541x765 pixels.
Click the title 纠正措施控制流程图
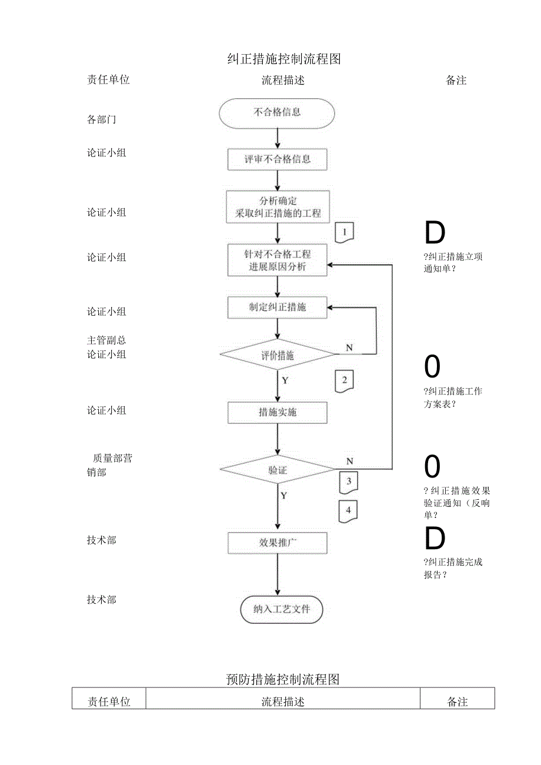283,59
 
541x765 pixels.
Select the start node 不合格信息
277,113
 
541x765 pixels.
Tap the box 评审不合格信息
277,159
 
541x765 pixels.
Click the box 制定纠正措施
277,308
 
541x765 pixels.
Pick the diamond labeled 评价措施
277,355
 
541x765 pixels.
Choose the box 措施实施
277,413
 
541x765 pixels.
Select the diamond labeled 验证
277,470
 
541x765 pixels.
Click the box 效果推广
277,543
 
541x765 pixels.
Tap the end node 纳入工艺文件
282,610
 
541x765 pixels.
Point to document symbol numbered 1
345,233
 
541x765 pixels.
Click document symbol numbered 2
345,381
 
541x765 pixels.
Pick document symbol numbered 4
348,511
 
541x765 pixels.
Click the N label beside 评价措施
349,348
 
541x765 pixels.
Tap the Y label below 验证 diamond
284,496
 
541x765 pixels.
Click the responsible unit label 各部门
102,120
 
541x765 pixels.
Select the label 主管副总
106,340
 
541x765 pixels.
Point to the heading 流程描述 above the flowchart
283,81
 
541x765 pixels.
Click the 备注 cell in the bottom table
457,701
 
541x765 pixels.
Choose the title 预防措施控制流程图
283,679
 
